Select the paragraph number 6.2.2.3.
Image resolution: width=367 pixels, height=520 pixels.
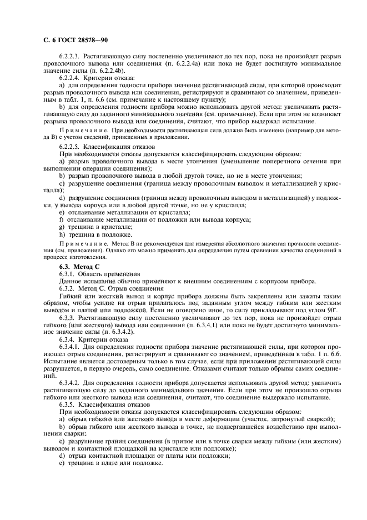click(71, 57)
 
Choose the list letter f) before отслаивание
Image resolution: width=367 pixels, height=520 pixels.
click(62, 219)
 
